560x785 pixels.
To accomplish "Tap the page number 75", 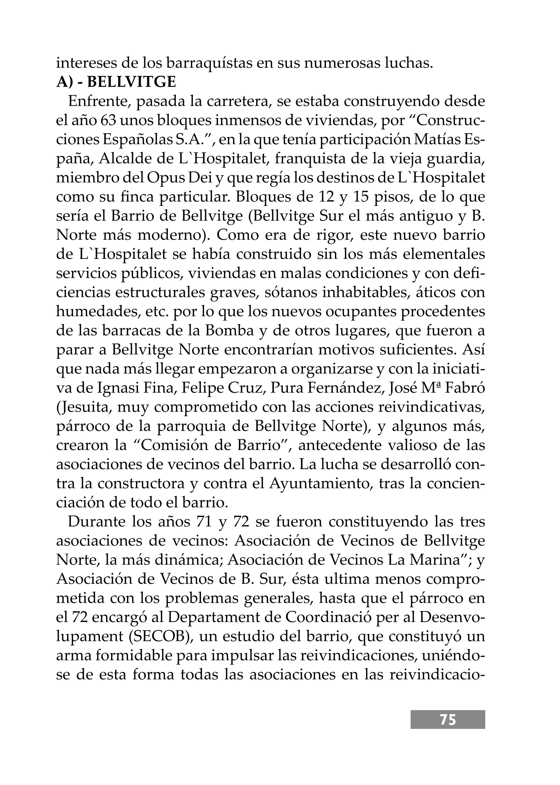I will pyautogui.click(x=448, y=720).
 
